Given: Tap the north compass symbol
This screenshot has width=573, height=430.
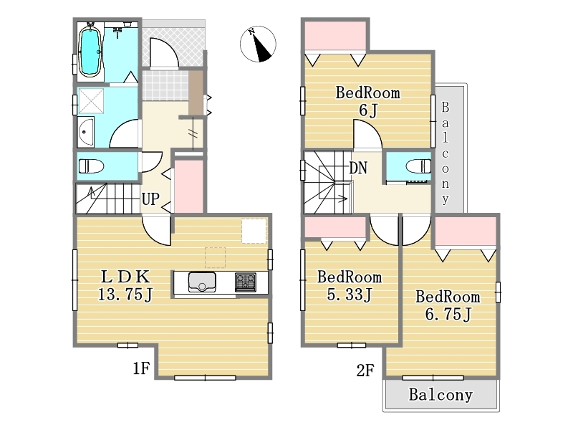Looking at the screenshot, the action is (258, 44).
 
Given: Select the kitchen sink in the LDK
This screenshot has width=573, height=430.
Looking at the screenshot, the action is (202, 282).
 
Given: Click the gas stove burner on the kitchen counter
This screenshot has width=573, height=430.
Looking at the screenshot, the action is (246, 282).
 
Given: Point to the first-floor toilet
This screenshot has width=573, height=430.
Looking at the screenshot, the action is (92, 166).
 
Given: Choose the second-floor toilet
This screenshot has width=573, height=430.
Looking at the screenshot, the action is (418, 166).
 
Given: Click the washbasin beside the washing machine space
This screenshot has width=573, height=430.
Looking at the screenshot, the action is (85, 132).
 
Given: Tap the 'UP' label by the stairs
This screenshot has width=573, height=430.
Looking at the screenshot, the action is (150, 199).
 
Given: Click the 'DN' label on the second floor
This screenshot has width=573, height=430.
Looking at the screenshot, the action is (357, 168).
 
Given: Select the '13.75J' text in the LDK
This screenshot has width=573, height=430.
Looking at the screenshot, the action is (125, 295).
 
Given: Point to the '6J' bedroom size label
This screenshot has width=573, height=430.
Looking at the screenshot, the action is (367, 110).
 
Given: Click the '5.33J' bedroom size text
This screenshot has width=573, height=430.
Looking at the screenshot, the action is (350, 295).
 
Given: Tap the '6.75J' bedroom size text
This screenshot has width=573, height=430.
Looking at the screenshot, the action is (448, 314).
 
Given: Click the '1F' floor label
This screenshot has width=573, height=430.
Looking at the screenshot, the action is (141, 368).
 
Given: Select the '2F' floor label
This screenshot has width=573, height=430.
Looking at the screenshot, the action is (365, 371).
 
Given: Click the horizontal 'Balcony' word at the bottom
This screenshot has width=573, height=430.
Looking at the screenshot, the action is (440, 395).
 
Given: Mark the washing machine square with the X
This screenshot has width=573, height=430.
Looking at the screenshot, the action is (92, 101).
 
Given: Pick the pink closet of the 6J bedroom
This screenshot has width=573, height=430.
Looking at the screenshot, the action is (335, 35).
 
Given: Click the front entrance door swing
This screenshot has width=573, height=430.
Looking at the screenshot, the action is (164, 52).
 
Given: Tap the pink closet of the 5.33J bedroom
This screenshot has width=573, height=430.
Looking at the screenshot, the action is (335, 227).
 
